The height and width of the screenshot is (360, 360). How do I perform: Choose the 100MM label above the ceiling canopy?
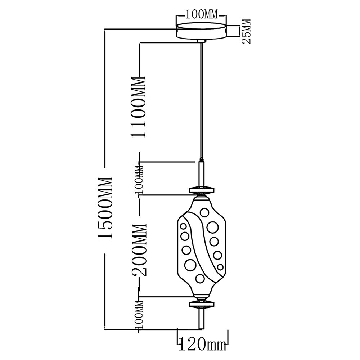pyautogui.click(x=201, y=15)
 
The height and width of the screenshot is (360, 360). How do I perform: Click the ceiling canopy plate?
pyautogui.click(x=202, y=31)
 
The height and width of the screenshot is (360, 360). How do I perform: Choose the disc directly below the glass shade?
pyautogui.click(x=202, y=304)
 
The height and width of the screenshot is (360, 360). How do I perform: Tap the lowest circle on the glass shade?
pyautogui.click(x=199, y=278)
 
